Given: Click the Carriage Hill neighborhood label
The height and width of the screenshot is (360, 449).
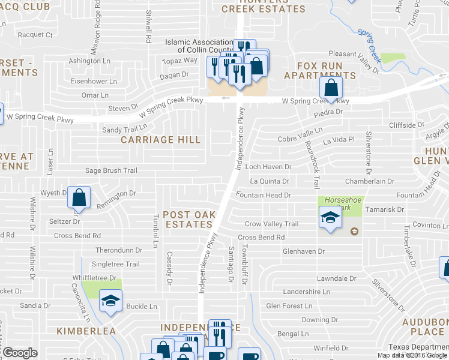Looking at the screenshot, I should coord(160,140).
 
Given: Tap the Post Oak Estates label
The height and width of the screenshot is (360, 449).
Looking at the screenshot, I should coord(188,220).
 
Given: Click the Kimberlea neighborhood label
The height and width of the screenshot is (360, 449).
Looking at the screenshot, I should coord(85,331).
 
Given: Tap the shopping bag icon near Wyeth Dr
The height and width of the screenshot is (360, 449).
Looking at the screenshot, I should coord(79,197).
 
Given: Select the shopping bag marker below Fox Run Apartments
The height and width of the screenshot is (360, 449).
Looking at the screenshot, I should coord(331,88).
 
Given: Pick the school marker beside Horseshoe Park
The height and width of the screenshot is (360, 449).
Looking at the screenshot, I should coord(330,217).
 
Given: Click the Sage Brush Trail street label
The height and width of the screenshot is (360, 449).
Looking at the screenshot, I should coord(110,171).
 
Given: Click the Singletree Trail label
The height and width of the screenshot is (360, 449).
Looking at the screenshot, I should coord(115,264).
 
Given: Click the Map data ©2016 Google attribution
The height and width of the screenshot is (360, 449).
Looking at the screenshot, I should coord(412,355).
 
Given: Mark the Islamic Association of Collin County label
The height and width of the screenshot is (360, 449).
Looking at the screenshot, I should coord(198,46).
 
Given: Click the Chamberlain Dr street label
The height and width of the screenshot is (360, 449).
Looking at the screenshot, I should coord(368,181).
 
